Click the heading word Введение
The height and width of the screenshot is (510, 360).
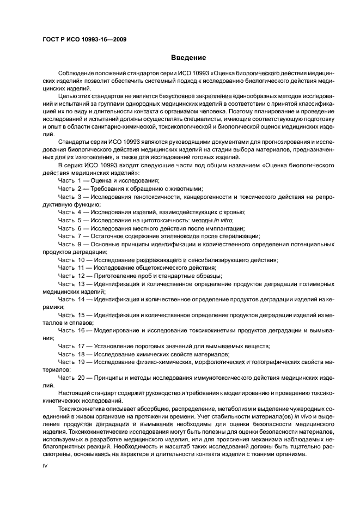click(x=188, y=58)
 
